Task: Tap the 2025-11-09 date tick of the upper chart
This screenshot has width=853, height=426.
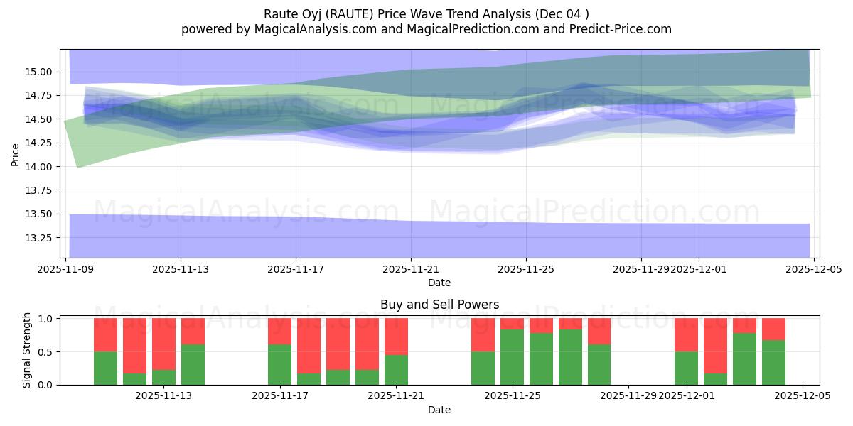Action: point(65,270)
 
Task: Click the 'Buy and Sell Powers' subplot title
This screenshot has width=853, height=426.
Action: point(439,305)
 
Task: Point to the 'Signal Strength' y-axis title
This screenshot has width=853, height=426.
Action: point(27,350)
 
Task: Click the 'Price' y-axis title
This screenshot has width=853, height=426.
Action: point(16,154)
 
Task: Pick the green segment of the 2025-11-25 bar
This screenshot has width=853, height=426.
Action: point(512,357)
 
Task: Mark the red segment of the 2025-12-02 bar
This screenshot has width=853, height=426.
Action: point(715,345)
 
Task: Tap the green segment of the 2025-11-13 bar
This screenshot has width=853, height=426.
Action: point(193,364)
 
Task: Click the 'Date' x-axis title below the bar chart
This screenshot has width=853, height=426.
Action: point(439,410)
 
